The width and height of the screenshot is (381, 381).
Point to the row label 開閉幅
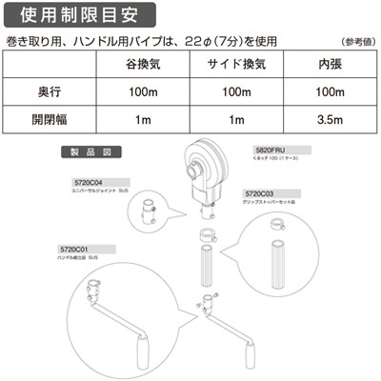tap(47, 120)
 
